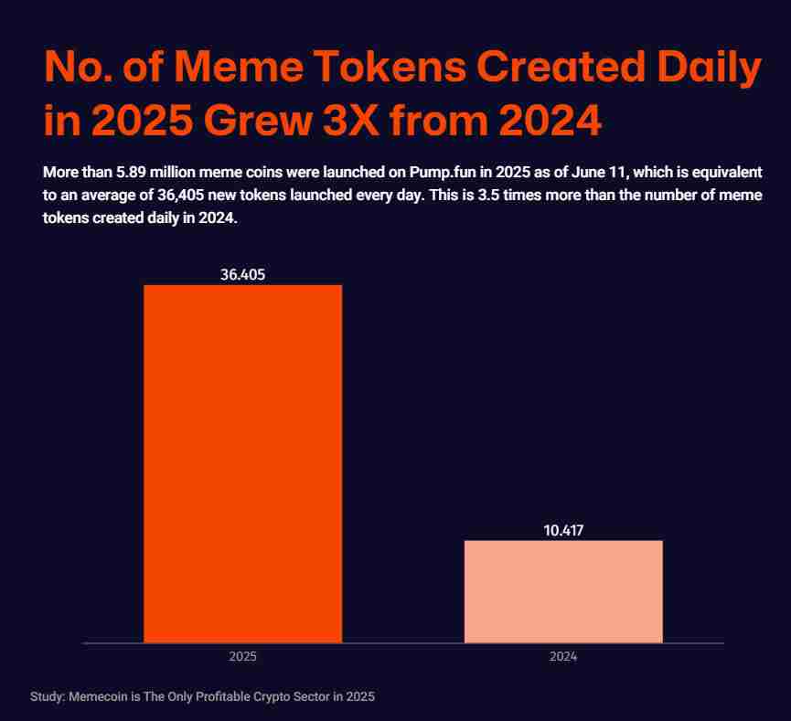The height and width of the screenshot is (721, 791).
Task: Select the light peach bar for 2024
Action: click(563, 591)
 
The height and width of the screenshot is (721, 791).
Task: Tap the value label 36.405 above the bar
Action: click(242, 273)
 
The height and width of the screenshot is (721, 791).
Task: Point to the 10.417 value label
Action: click(563, 529)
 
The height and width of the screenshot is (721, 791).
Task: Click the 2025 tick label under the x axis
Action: click(242, 657)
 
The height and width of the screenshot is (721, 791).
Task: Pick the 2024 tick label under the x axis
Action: click(563, 657)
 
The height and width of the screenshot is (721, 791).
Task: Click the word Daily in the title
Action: click(708, 69)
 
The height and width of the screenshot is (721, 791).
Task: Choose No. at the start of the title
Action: click(79, 69)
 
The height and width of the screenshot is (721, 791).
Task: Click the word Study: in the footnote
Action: click(48, 696)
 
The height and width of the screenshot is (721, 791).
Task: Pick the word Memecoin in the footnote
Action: click(98, 696)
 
